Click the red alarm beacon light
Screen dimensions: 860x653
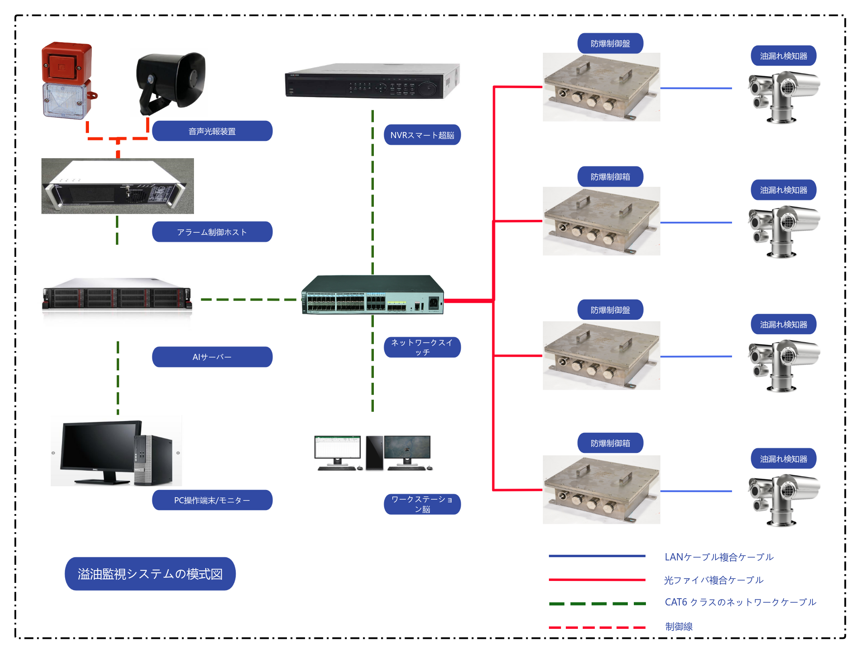click(68, 81)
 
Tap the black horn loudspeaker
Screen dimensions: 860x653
click(171, 83)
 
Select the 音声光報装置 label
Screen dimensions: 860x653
click(212, 131)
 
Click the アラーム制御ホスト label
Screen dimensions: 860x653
click(212, 232)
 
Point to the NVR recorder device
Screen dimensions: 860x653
click(372, 81)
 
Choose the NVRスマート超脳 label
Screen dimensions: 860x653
click(422, 135)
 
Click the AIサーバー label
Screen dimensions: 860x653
click(212, 357)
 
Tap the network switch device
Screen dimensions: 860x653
click(372, 295)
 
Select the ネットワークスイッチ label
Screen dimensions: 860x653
click(422, 347)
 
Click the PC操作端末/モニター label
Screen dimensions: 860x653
click(212, 500)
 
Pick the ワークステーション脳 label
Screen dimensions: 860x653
click(422, 504)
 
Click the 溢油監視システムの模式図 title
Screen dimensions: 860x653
click(150, 574)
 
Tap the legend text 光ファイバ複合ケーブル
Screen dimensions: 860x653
click(714, 580)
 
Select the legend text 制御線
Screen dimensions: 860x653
click(679, 626)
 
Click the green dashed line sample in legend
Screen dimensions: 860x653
click(597, 603)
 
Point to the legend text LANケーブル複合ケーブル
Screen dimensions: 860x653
click(719, 557)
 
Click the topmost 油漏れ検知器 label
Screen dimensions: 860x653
click(784, 56)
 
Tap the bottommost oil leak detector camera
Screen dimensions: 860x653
click(783, 500)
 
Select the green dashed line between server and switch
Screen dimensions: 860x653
click(249, 300)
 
